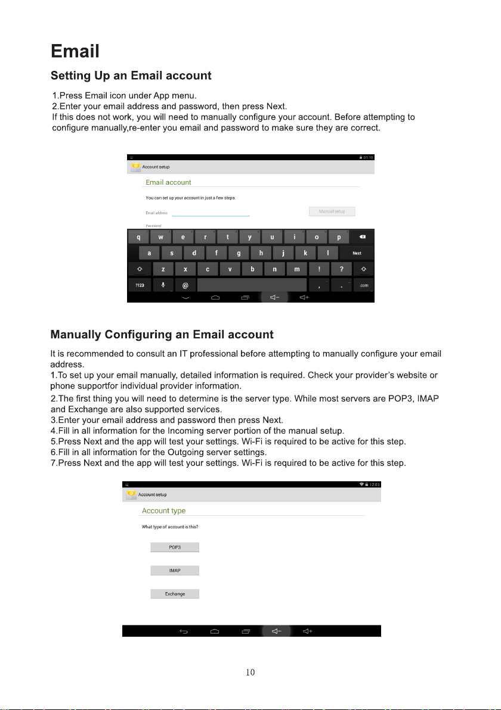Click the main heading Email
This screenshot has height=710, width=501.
(75, 51)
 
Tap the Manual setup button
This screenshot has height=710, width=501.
(332, 211)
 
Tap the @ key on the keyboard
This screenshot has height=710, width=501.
(185, 285)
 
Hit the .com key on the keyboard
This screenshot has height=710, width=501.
(363, 285)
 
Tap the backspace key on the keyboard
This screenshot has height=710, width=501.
(362, 237)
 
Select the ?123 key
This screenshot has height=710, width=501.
(140, 285)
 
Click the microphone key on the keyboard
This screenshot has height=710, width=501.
(163, 285)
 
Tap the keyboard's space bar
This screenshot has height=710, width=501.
(252, 285)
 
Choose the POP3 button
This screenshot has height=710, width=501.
(175, 547)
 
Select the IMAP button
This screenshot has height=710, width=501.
(175, 571)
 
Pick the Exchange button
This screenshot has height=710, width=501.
(175, 594)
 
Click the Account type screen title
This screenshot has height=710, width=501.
(163, 511)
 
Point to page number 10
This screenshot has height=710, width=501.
(250, 673)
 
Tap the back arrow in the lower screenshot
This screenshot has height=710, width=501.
(184, 631)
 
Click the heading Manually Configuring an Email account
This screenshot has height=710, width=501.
(162, 335)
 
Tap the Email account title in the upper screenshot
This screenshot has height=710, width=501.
(168, 182)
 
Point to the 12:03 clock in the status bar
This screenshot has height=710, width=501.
(375, 484)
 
